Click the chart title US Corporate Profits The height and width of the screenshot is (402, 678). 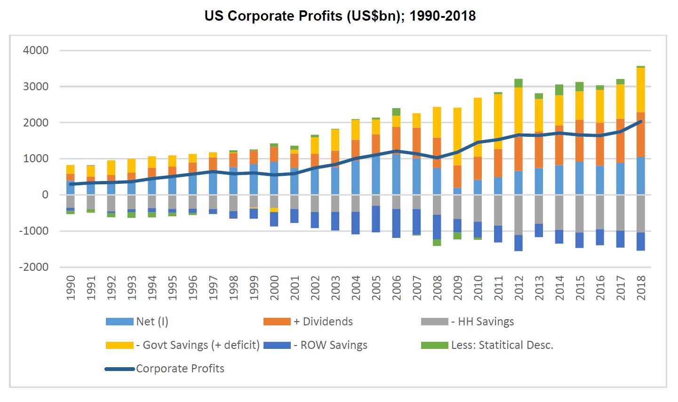(x=340, y=16)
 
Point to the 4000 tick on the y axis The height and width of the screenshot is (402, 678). (x=36, y=50)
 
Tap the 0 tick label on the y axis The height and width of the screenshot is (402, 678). (x=45, y=195)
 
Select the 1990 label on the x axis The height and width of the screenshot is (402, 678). (x=71, y=288)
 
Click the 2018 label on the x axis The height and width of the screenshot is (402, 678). (x=640, y=288)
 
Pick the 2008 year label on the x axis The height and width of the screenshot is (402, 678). (x=437, y=288)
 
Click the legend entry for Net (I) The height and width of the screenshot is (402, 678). (x=152, y=322)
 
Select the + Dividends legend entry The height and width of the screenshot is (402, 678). (x=323, y=322)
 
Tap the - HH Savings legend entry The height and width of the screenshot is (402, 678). (x=482, y=322)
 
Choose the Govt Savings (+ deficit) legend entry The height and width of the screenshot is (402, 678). (x=198, y=345)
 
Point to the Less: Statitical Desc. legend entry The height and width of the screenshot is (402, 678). (x=502, y=345)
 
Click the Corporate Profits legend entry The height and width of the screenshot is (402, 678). (x=180, y=369)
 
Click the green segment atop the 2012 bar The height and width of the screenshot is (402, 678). (x=518, y=83)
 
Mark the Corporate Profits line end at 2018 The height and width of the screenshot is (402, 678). (x=640, y=121)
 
